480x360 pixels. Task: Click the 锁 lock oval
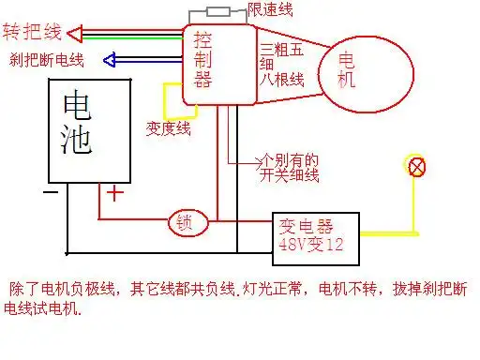coord(185,223)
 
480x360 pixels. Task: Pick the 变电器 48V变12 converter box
coord(316,233)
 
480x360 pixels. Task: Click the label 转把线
coord(33,33)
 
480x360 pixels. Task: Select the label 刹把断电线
coord(46,61)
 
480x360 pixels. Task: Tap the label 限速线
coord(271,9)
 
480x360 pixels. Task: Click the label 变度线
coord(170,127)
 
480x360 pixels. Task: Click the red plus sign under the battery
coord(113,193)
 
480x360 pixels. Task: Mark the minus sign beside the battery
coord(51,193)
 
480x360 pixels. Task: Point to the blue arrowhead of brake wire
coord(110,61)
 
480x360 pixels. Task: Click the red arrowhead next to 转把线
coord(78,34)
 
